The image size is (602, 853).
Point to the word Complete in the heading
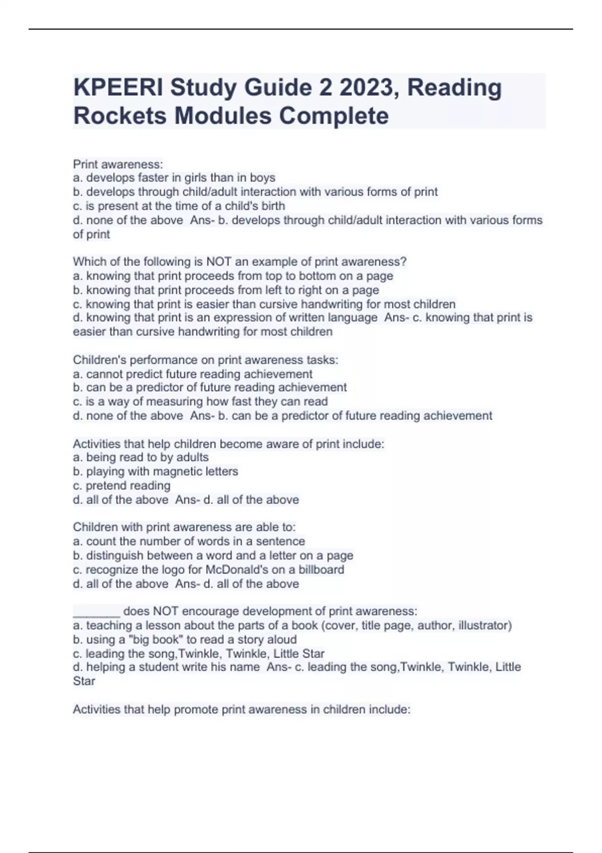tap(334, 116)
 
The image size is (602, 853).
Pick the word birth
tap(273, 206)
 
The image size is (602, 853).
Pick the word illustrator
tap(485, 626)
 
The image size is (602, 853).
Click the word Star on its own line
tap(84, 681)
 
